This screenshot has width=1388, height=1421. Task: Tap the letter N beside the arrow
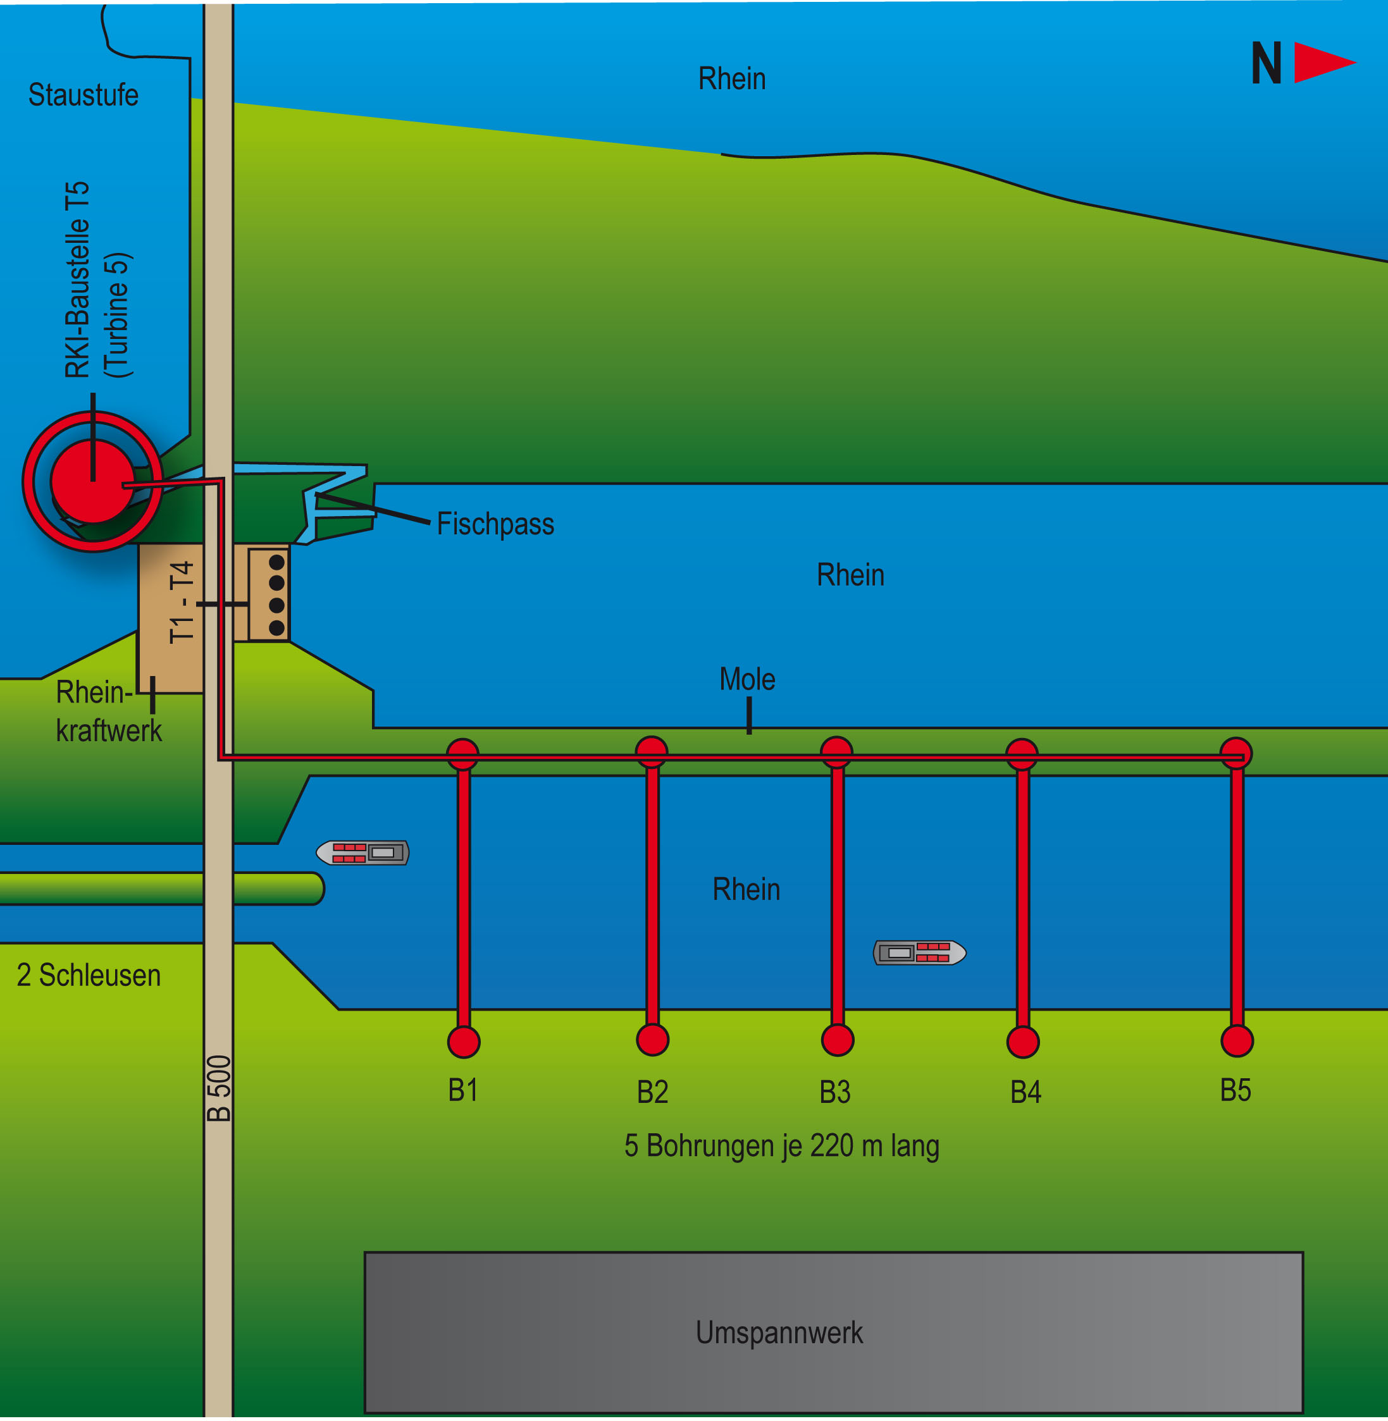(1267, 63)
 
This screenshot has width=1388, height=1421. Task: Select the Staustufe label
(83, 95)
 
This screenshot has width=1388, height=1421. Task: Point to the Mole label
(747, 679)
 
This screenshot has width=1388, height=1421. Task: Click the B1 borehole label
(463, 1090)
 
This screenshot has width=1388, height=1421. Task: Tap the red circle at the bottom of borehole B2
(652, 1040)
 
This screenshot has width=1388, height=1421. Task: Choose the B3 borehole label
(834, 1092)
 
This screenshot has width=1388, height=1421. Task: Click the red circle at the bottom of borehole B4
(1023, 1042)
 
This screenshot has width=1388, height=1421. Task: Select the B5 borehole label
(1236, 1090)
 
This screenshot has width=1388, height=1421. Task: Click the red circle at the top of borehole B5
(1236, 753)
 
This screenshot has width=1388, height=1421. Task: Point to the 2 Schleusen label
(88, 975)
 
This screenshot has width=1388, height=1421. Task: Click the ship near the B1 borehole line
(362, 852)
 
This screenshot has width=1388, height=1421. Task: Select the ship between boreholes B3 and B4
(920, 952)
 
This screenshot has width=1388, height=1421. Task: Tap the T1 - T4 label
(182, 602)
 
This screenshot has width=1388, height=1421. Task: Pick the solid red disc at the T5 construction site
(92, 481)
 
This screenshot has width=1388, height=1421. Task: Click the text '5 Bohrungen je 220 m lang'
(781, 1147)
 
